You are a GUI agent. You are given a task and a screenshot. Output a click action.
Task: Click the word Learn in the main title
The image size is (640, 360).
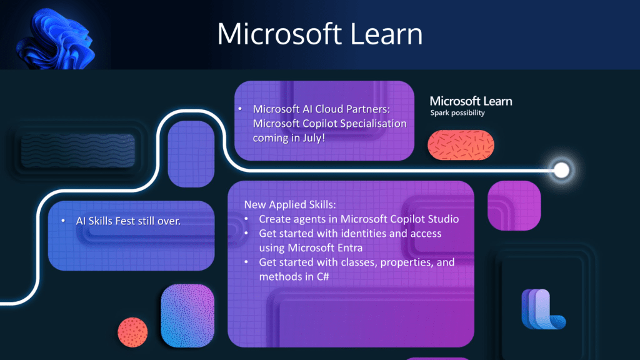tap(386, 34)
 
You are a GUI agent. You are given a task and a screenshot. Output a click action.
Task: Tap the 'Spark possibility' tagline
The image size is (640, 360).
tap(457, 113)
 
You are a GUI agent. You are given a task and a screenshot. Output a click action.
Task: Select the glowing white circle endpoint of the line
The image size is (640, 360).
tap(562, 170)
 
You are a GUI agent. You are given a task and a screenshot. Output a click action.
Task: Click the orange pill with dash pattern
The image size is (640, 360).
tap(461, 145)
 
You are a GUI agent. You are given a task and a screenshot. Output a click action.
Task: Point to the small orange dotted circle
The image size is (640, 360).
tap(132, 332)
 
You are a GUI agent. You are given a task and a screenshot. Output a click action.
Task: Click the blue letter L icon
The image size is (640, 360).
tap(543, 309)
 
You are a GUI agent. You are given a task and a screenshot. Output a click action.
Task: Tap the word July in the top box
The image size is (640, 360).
tap(314, 138)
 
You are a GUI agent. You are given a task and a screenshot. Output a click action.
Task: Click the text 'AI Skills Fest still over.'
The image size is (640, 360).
tap(128, 221)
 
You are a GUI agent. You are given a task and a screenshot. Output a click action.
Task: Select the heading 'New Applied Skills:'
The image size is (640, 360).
tap(290, 204)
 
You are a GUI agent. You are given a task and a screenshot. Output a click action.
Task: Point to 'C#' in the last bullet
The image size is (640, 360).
tap(322, 277)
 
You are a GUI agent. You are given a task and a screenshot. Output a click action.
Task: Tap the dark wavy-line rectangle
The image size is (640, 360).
tap(78, 150)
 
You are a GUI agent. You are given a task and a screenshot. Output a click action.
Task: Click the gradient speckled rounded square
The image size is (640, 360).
tap(187, 316)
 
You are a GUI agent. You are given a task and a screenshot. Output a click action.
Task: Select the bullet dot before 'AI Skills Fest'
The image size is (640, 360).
tap(63, 221)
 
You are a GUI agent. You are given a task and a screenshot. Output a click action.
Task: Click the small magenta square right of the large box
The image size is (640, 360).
tap(514, 206)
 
